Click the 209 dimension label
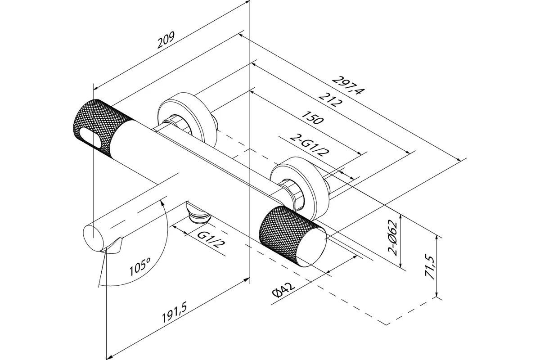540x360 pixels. tap(166, 41)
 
